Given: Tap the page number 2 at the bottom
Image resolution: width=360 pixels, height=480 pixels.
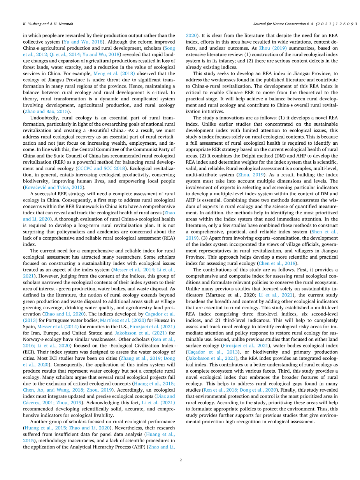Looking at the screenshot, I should click(x=180, y=460).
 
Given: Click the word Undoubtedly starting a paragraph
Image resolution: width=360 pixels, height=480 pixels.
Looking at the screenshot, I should click(x=43, y=118).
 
